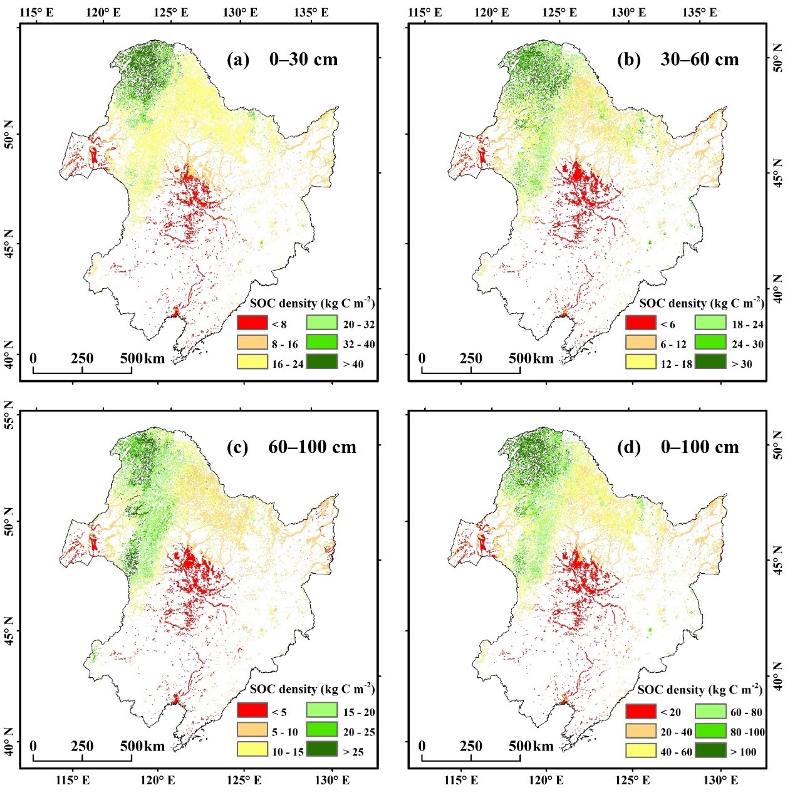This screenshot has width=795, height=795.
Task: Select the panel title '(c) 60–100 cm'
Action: [291, 447]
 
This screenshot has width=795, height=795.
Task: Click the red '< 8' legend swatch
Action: [252, 324]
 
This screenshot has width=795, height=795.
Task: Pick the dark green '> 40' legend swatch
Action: [321, 363]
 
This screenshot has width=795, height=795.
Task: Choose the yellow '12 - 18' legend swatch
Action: [641, 363]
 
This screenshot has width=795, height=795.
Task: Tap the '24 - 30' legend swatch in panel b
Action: [710, 343]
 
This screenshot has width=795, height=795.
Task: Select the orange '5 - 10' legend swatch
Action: [252, 731]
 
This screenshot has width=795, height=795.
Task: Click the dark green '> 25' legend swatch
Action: [321, 751]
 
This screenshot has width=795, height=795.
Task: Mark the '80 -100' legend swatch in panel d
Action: [710, 731]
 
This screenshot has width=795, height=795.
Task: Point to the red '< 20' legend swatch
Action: [641, 712]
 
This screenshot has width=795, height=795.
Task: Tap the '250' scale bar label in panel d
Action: [470, 746]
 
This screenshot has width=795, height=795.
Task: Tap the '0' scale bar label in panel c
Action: [33, 746]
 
